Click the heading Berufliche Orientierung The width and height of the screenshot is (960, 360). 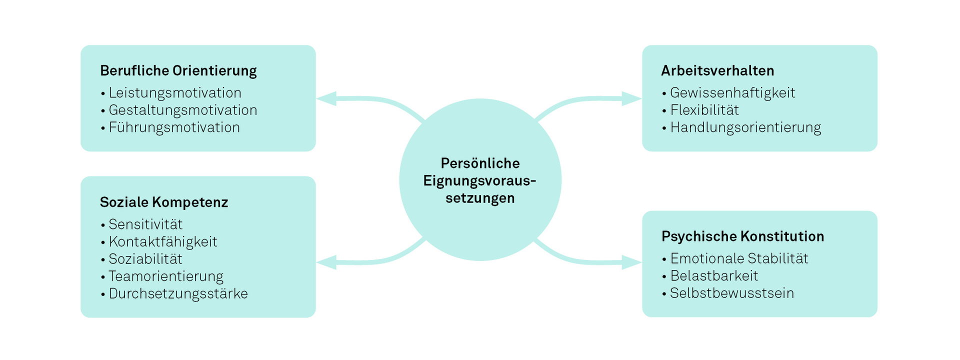click(x=178, y=71)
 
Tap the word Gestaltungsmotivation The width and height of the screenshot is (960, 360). click(x=183, y=110)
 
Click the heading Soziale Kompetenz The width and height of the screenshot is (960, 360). click(x=164, y=202)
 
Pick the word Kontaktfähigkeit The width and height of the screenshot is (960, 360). click(x=163, y=242)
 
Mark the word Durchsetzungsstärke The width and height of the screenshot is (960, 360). click(x=178, y=293)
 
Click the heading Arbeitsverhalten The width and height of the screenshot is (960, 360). click(x=717, y=71)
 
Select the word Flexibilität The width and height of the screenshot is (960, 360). click(x=704, y=110)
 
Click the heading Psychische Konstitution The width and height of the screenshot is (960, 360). click(x=742, y=236)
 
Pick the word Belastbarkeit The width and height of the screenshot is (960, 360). click(x=714, y=276)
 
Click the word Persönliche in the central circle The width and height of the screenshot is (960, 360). click(x=480, y=163)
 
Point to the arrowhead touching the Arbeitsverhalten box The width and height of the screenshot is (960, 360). click(x=631, y=98)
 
